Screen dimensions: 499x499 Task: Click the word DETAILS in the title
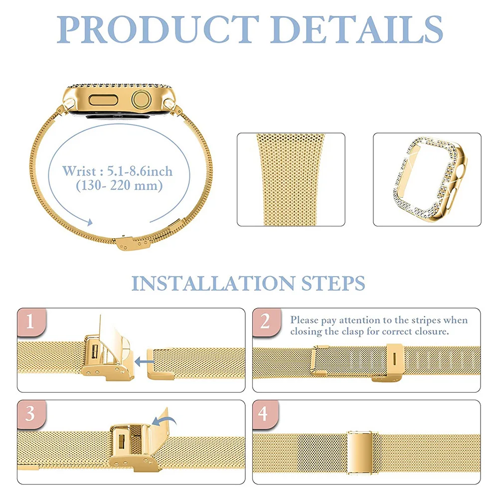click(358, 29)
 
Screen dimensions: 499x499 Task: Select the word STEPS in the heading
click(332, 283)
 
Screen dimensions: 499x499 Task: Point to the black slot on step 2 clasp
click(394, 360)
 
